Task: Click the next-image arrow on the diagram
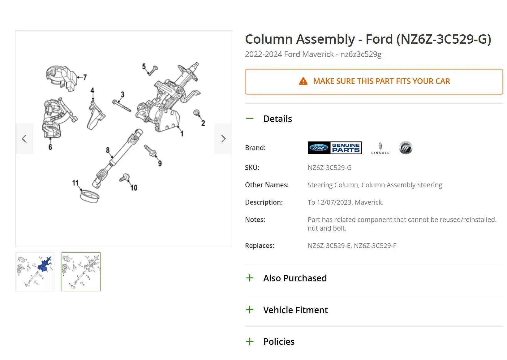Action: point(223,139)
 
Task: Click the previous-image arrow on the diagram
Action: point(24,139)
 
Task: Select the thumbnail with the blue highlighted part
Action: point(35,272)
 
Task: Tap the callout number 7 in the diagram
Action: point(85,77)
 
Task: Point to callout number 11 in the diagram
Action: point(75,183)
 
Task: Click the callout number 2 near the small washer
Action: point(203,123)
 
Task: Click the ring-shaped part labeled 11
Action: point(90,196)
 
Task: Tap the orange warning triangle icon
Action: point(303,81)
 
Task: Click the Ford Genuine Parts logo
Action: point(335,148)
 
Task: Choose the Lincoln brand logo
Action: point(380,148)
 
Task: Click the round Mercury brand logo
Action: point(406,148)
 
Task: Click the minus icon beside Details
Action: point(250,119)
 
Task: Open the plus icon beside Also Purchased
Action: point(250,278)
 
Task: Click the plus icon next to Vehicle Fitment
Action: point(250,310)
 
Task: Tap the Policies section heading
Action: point(279,341)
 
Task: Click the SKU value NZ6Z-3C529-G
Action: point(329,168)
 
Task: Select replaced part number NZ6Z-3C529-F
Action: point(375,245)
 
